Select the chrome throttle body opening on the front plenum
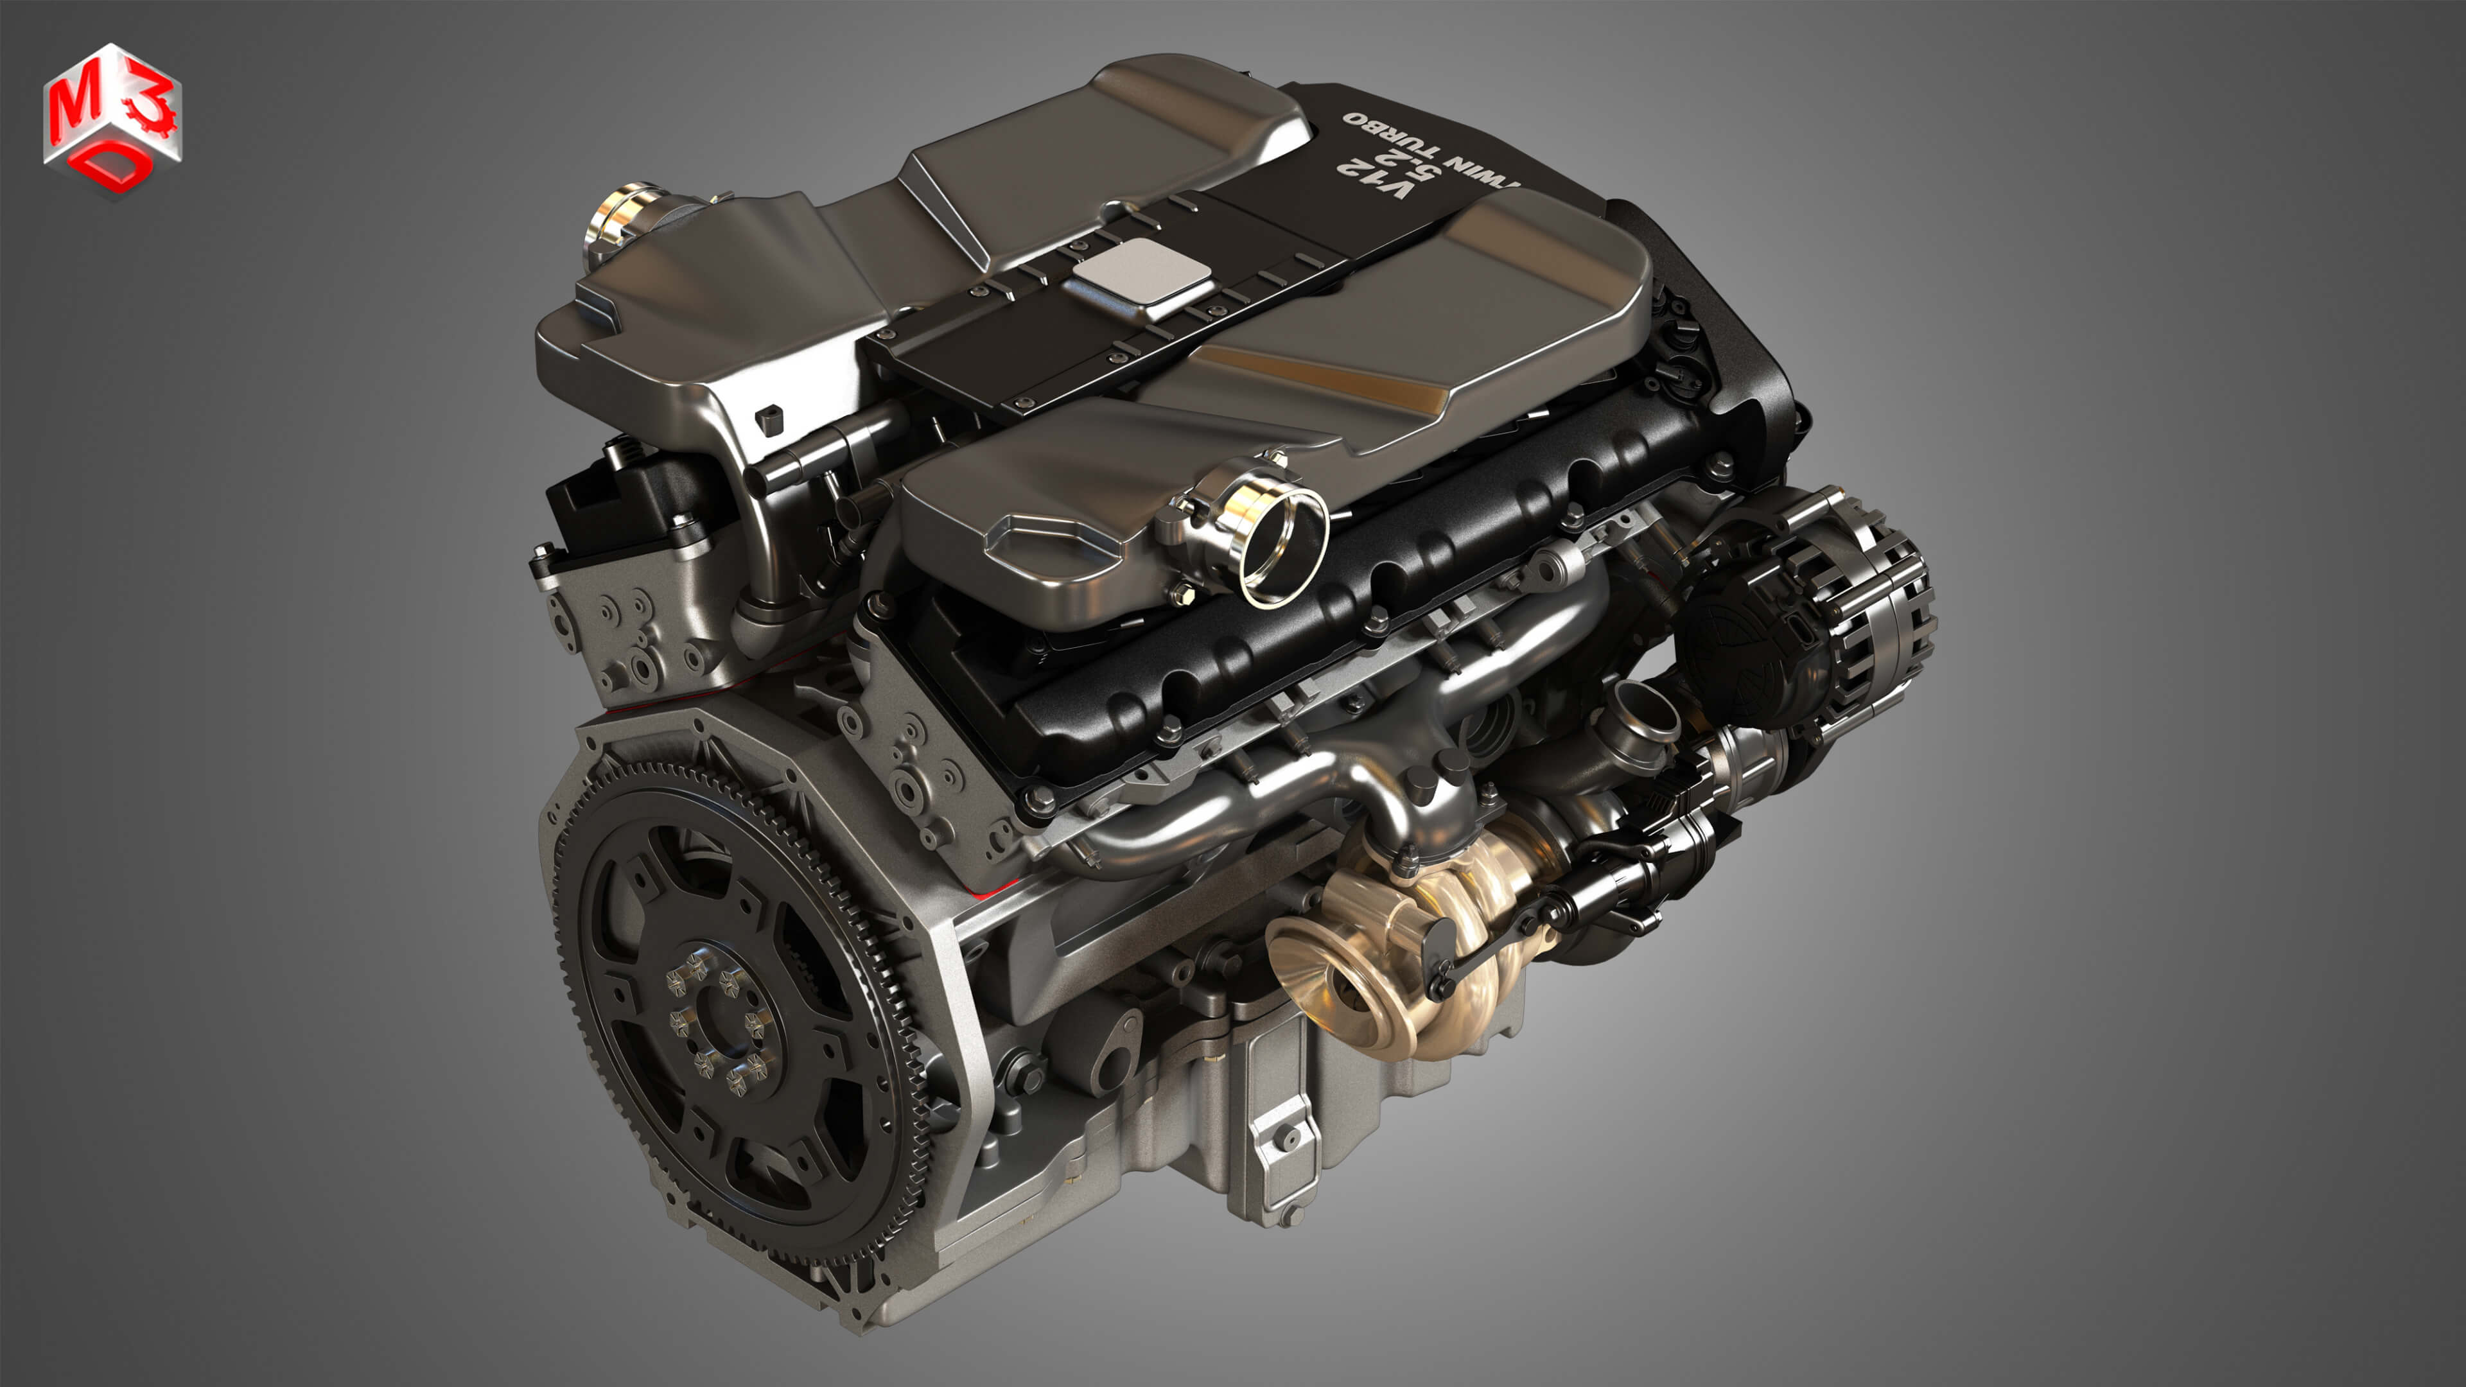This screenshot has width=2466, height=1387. [x=1283, y=546]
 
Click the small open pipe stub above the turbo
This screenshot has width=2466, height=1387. [x=1644, y=713]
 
